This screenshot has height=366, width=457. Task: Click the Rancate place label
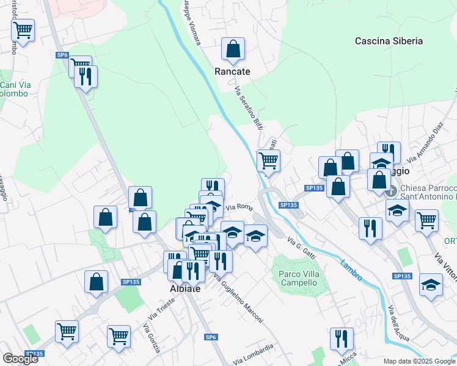pos(232,71)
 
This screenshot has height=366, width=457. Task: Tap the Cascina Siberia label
pos(389,41)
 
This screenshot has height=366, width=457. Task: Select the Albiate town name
pos(185,288)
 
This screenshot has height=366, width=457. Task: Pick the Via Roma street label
pos(239,208)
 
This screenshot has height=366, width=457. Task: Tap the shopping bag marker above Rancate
pos(233,51)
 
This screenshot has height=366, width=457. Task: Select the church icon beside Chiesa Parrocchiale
pos(391,191)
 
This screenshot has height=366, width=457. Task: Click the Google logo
pos(20,359)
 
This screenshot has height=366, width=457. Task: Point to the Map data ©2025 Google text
pos(419,361)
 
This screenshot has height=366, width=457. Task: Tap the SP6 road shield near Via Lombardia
pos(211,337)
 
